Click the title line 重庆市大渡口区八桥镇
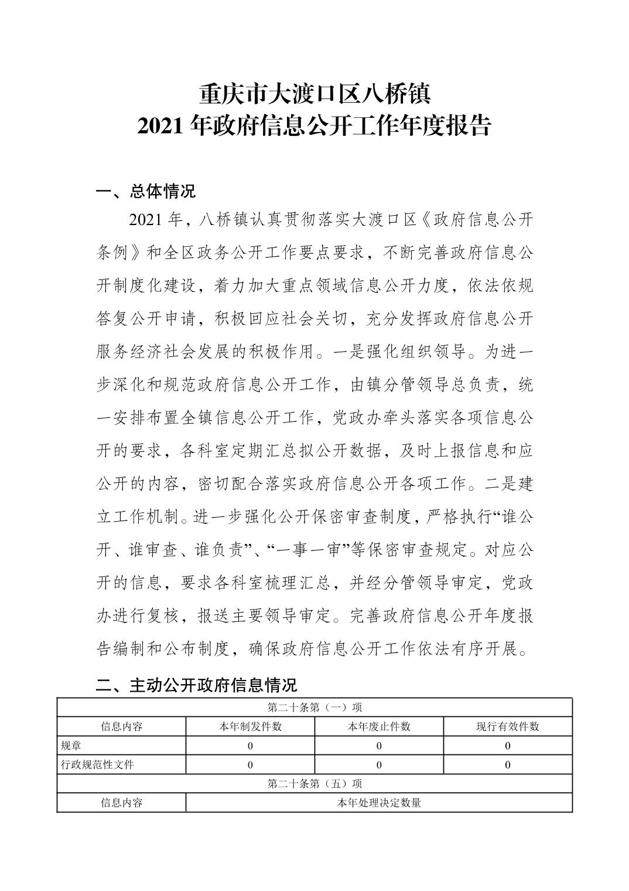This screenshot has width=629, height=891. [x=314, y=94]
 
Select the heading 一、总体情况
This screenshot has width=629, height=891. [x=145, y=191]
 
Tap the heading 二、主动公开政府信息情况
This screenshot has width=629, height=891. [x=196, y=684]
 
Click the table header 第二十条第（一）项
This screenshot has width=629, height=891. [x=314, y=708]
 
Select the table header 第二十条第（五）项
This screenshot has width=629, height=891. [x=314, y=783]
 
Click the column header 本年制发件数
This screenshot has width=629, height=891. [x=250, y=726]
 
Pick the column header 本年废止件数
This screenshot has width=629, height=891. [x=379, y=726]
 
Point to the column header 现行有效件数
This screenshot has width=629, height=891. [x=507, y=726]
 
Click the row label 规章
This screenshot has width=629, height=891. [x=71, y=746]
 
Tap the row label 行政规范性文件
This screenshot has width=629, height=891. [x=97, y=764]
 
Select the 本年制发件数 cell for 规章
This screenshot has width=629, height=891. [x=250, y=746]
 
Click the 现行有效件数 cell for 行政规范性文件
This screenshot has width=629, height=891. [x=507, y=764]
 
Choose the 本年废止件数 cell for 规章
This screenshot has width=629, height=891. [x=379, y=746]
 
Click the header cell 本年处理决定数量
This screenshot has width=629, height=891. [x=379, y=802]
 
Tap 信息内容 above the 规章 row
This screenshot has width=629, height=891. [x=121, y=726]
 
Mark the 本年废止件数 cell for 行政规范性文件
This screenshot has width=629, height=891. [x=379, y=764]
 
